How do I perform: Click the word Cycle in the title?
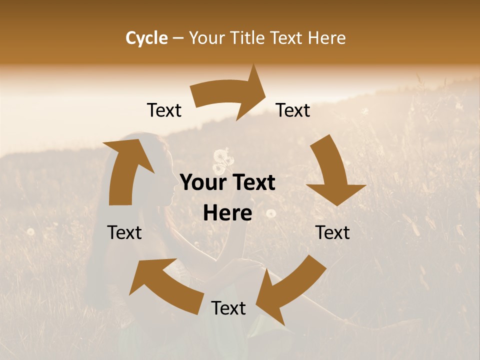pyautogui.click(x=146, y=38)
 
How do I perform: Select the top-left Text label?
pyautogui.click(x=164, y=110)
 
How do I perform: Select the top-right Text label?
pyautogui.click(x=293, y=110)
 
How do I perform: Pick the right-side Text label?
pyautogui.click(x=332, y=232)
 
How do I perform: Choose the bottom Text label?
pyautogui.click(x=228, y=308)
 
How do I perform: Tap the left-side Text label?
pyautogui.click(x=124, y=232)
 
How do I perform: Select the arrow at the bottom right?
pyautogui.click(x=290, y=290)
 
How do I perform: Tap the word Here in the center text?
pyautogui.click(x=227, y=213)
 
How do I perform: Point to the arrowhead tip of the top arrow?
pyautogui.click(x=266, y=90)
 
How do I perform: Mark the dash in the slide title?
pyautogui.click(x=178, y=38)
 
